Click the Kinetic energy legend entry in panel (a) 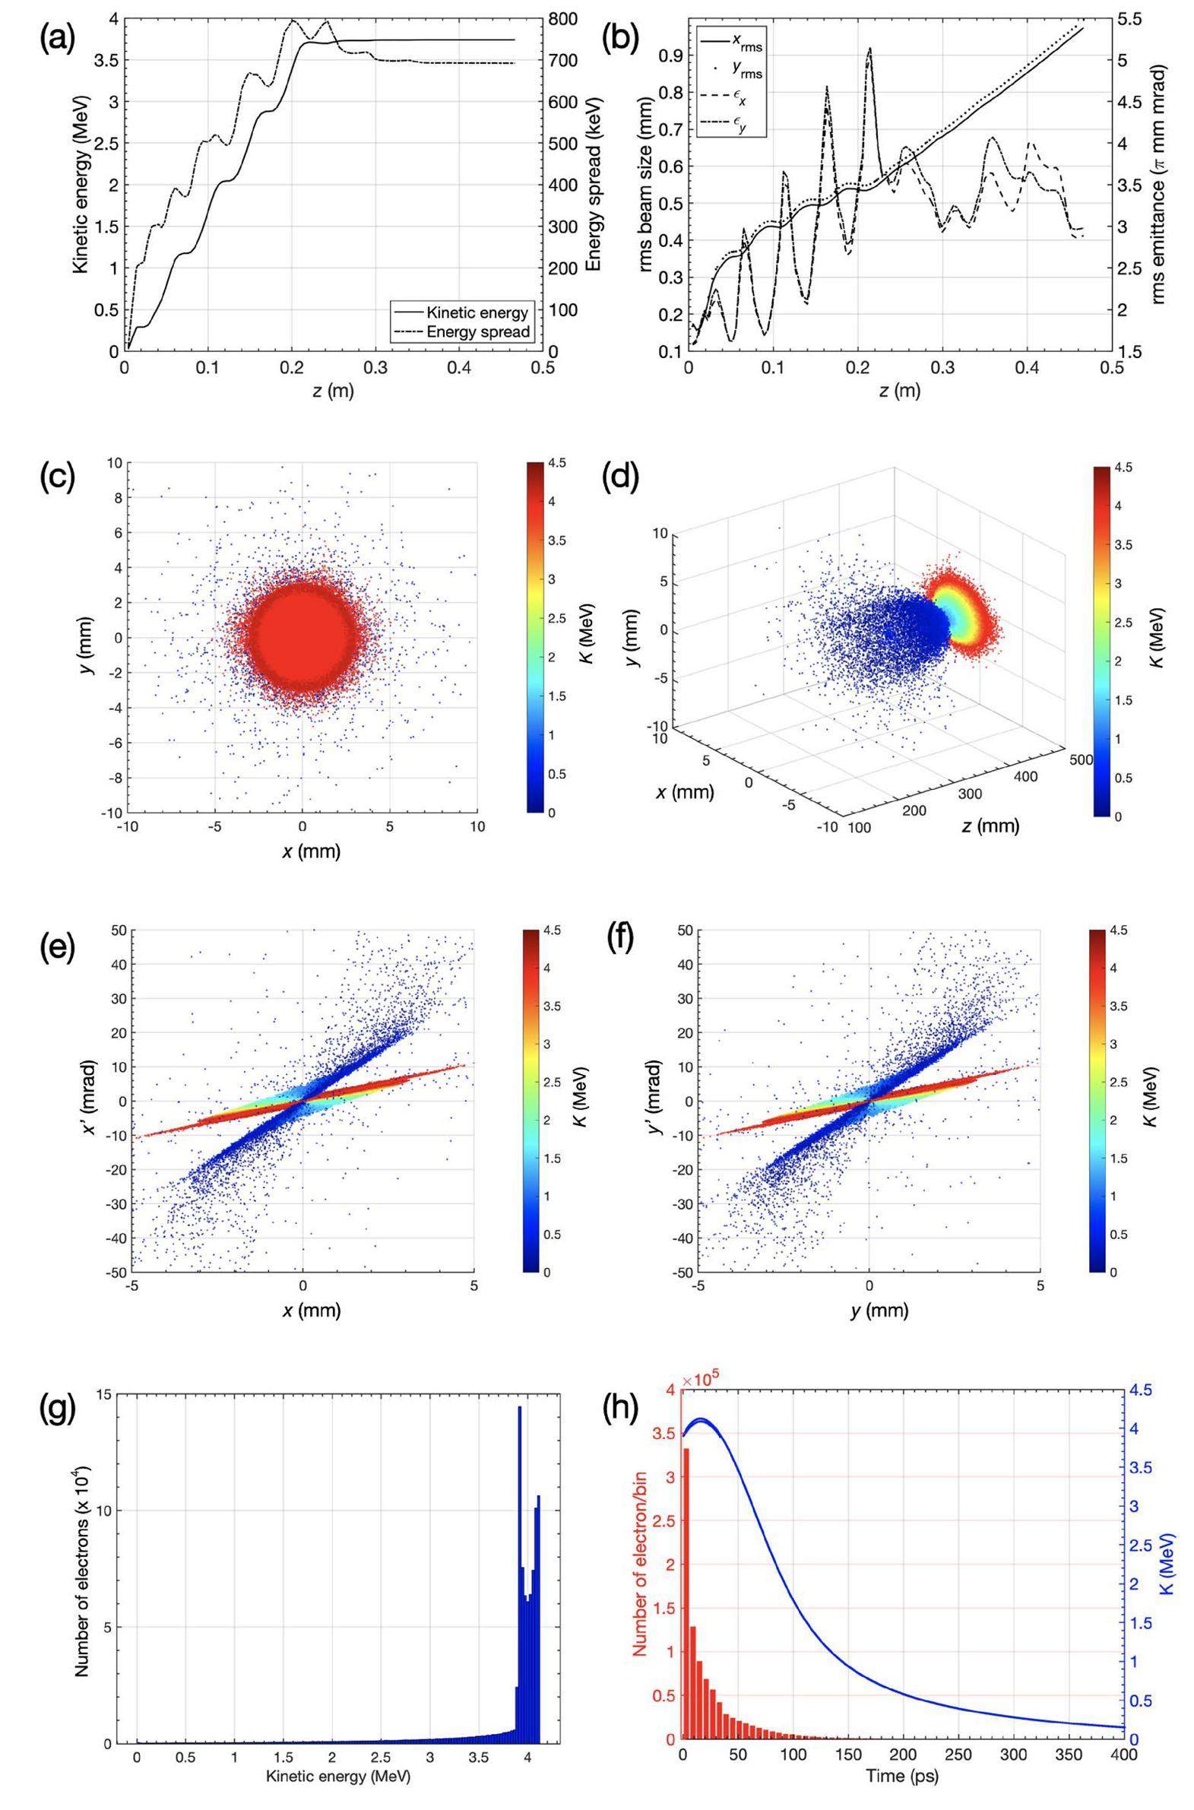(477, 312)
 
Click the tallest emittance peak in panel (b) (869, 49)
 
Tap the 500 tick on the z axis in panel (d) (1082, 759)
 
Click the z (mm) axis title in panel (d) (990, 826)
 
